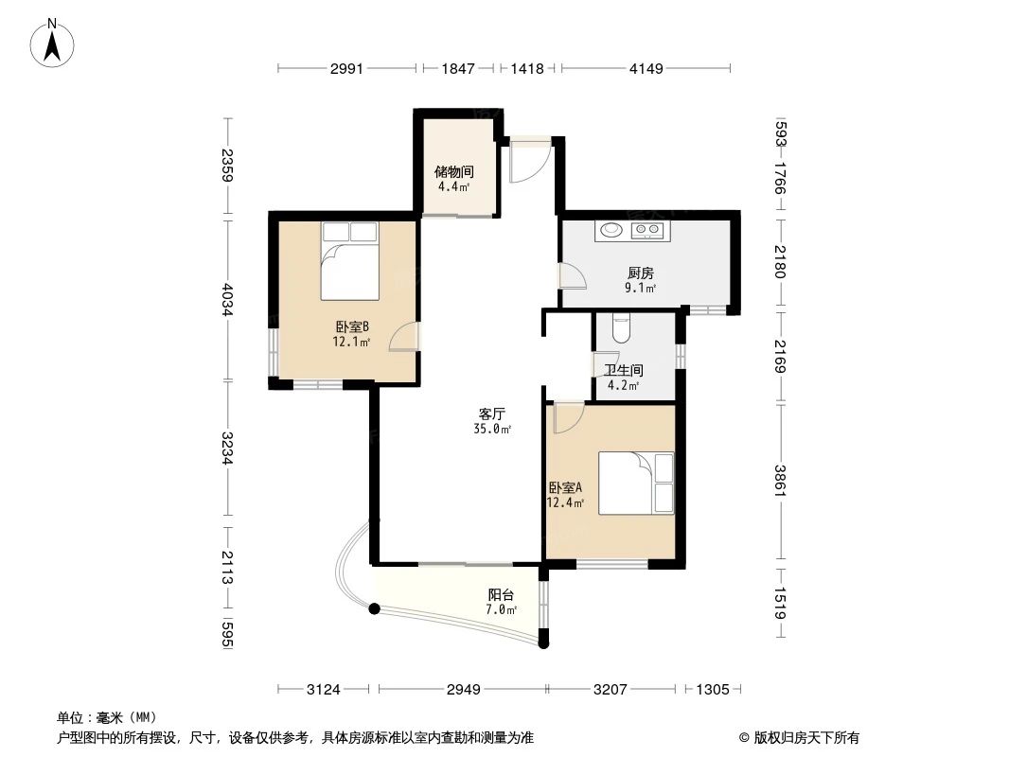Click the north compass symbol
pos(54,42)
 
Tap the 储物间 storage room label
pos(453,172)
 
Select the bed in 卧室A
pos(635,483)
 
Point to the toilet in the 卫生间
pos(621,327)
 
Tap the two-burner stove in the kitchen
pos(648,229)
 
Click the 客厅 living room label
pos(490,414)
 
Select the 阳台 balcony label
pos(501,595)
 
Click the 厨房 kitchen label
pos(641,273)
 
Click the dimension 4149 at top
pos(646,68)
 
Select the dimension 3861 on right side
pos(780,482)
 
